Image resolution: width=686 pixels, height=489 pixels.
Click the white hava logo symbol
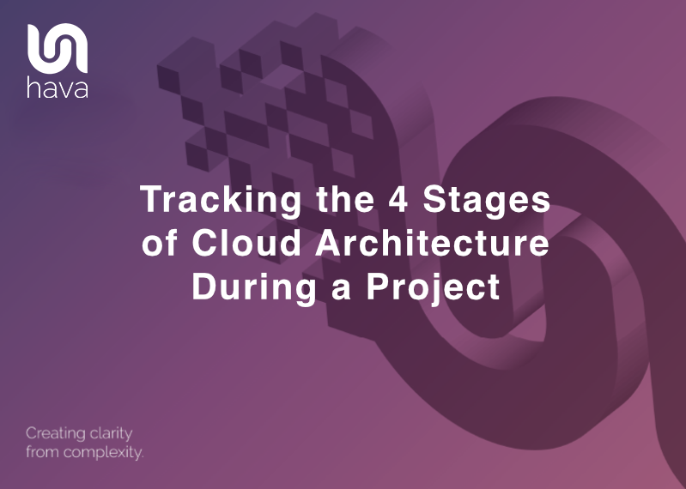57,48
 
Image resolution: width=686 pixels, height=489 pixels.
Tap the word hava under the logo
58,88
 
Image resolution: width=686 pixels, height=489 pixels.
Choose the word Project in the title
434,286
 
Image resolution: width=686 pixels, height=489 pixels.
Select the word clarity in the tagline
112,434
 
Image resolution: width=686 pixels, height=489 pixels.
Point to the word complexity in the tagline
102,452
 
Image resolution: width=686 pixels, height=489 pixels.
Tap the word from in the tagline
42,452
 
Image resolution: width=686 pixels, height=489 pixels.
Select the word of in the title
161,244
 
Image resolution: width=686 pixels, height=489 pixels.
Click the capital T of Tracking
150,202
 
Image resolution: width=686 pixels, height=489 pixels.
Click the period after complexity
141,456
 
